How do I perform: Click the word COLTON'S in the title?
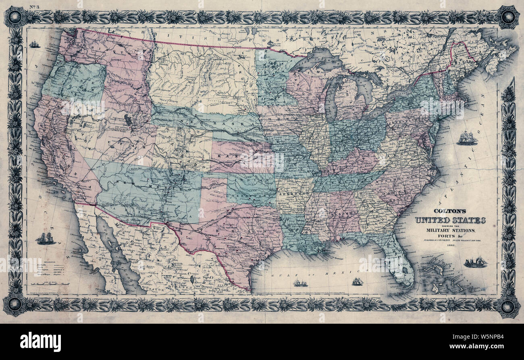pos(450,210)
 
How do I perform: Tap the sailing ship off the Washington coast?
pos(35,44)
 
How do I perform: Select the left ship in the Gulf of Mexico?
pos(300,283)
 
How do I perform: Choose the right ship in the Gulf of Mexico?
pos(357,282)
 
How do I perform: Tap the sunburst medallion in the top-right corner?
pos(507,17)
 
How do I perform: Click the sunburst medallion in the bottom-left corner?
pos(15,305)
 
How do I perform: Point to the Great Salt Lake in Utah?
pos(128,120)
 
